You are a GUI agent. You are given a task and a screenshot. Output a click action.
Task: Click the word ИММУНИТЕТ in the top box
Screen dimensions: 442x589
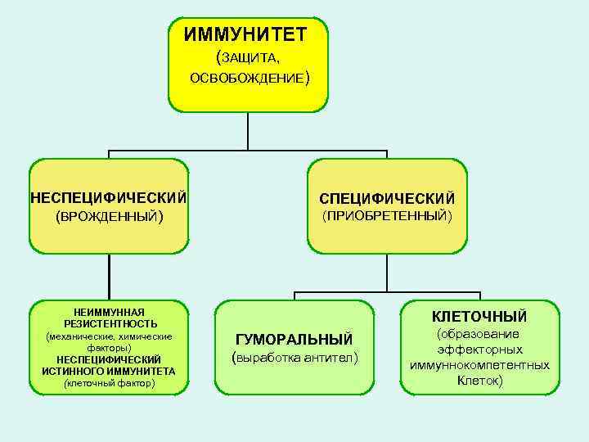(245, 34)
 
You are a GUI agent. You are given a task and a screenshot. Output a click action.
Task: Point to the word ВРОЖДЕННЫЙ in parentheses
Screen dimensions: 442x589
(109, 217)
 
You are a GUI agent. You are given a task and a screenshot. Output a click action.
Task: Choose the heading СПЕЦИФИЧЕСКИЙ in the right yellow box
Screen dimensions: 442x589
(387, 199)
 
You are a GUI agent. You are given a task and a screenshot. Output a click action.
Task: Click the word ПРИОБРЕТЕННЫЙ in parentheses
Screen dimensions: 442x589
(387, 216)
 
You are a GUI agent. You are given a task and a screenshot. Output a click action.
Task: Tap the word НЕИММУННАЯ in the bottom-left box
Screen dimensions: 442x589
(108, 312)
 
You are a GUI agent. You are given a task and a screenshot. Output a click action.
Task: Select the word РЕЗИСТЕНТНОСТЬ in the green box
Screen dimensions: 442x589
(110, 323)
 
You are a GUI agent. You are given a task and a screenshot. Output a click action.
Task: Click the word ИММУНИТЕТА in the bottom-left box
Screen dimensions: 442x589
(141, 371)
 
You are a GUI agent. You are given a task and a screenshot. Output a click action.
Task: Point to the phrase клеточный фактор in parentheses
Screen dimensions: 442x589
(109, 382)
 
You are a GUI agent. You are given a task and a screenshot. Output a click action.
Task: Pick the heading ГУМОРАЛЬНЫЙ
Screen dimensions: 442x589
(294, 339)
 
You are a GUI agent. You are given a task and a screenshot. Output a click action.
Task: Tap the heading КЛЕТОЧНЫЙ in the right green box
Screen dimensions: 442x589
(479, 316)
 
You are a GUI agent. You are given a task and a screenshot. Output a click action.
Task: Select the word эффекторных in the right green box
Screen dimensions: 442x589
(479, 349)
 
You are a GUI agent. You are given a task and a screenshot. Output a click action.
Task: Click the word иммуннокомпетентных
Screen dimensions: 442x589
(479, 365)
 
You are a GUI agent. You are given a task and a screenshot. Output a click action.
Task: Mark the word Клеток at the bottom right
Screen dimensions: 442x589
(479, 381)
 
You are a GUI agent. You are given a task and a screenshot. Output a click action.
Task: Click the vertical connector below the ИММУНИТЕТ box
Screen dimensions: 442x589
(248, 131)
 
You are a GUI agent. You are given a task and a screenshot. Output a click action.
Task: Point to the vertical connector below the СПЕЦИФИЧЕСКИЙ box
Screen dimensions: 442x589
(387, 273)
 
